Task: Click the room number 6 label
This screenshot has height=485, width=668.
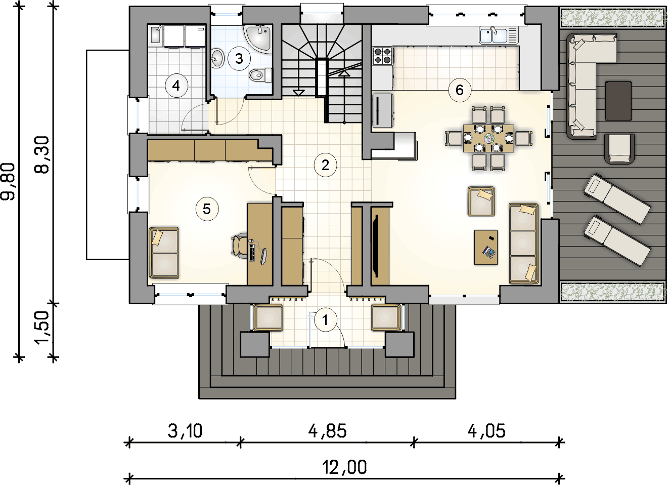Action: coord(460,90)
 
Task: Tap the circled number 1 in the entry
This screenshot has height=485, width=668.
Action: coord(325,320)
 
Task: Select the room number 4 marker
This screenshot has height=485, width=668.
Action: coord(176,86)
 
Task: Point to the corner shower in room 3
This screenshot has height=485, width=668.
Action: coord(258,39)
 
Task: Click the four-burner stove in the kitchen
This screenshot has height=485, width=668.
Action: coord(382,56)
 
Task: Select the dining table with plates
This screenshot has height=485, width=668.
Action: coord(488,138)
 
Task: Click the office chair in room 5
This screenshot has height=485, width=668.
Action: coord(240,245)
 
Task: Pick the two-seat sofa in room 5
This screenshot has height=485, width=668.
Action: coord(164,253)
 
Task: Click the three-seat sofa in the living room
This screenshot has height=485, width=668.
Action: coord(524,244)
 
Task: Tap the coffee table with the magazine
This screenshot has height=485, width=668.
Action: coord(486,247)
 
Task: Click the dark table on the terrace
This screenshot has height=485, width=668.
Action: coord(618,101)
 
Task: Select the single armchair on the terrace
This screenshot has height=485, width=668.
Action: coord(619,149)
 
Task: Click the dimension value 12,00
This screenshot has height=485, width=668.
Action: coord(344,467)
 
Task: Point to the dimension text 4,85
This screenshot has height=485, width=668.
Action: coord(328,431)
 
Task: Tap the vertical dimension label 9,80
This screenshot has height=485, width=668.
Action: coord(8,182)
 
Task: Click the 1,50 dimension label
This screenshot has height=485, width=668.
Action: coord(42,328)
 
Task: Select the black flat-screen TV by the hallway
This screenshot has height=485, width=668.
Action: coord(376,246)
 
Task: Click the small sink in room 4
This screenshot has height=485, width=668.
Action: coord(155,35)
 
